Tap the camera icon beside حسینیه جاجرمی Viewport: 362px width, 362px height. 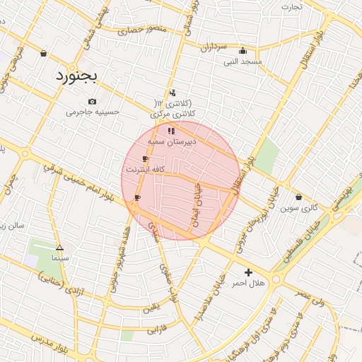coord(93,102)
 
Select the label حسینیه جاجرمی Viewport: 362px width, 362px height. coord(93,112)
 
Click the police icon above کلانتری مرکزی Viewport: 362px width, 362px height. coord(173,93)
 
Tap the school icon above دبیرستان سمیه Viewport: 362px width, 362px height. coord(170,131)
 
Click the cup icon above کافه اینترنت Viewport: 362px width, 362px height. coord(145,159)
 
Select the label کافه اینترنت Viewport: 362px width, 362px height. coord(145,170)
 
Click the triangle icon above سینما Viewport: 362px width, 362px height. coord(59,247)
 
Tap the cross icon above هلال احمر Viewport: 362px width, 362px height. coord(247,272)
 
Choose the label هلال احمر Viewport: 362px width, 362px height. coord(247,283)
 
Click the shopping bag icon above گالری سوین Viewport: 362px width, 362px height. coord(299,197)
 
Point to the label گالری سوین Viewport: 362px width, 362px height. coord(299,208)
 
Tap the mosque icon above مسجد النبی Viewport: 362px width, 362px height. coord(243,50)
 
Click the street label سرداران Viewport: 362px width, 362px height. coord(212,47)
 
